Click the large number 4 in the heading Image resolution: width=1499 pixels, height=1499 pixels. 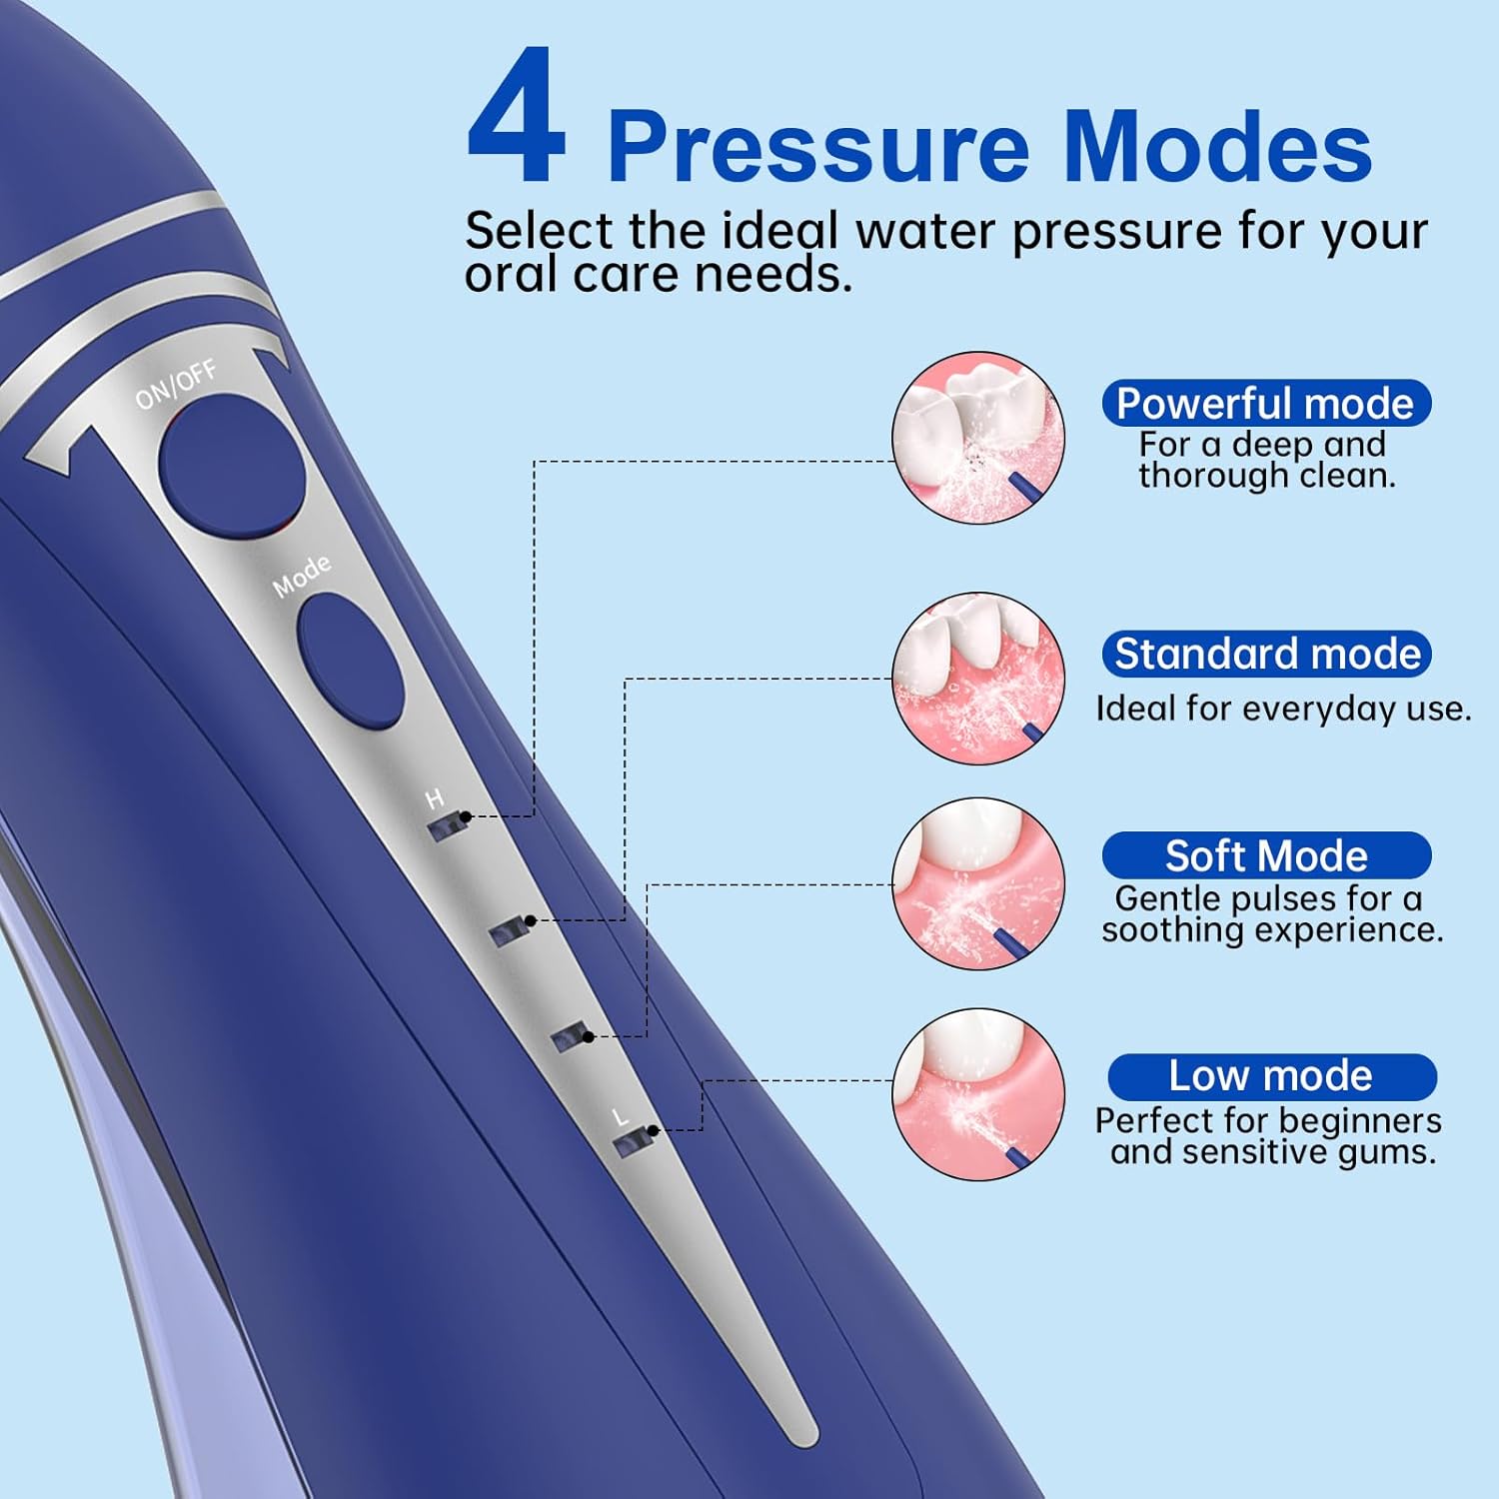[517, 118]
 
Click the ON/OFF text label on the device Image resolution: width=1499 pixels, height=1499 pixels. [176, 385]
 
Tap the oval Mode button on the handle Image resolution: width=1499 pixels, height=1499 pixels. [351, 659]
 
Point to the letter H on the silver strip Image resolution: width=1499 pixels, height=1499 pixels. [434, 798]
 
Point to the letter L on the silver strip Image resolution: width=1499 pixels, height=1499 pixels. [621, 1117]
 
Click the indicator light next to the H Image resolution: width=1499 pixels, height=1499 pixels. [448, 826]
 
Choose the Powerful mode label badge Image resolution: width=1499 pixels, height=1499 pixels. [1265, 404]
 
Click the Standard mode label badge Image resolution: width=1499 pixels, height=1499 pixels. [1266, 655]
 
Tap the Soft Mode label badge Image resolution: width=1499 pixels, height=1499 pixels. [1266, 856]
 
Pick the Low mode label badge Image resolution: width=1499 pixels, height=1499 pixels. [1271, 1076]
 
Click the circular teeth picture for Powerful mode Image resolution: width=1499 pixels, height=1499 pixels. [978, 438]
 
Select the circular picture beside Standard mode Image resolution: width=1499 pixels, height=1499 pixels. [978, 679]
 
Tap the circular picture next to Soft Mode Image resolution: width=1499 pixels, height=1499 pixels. [978, 883]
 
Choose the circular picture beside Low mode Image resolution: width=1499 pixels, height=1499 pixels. [978, 1094]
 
